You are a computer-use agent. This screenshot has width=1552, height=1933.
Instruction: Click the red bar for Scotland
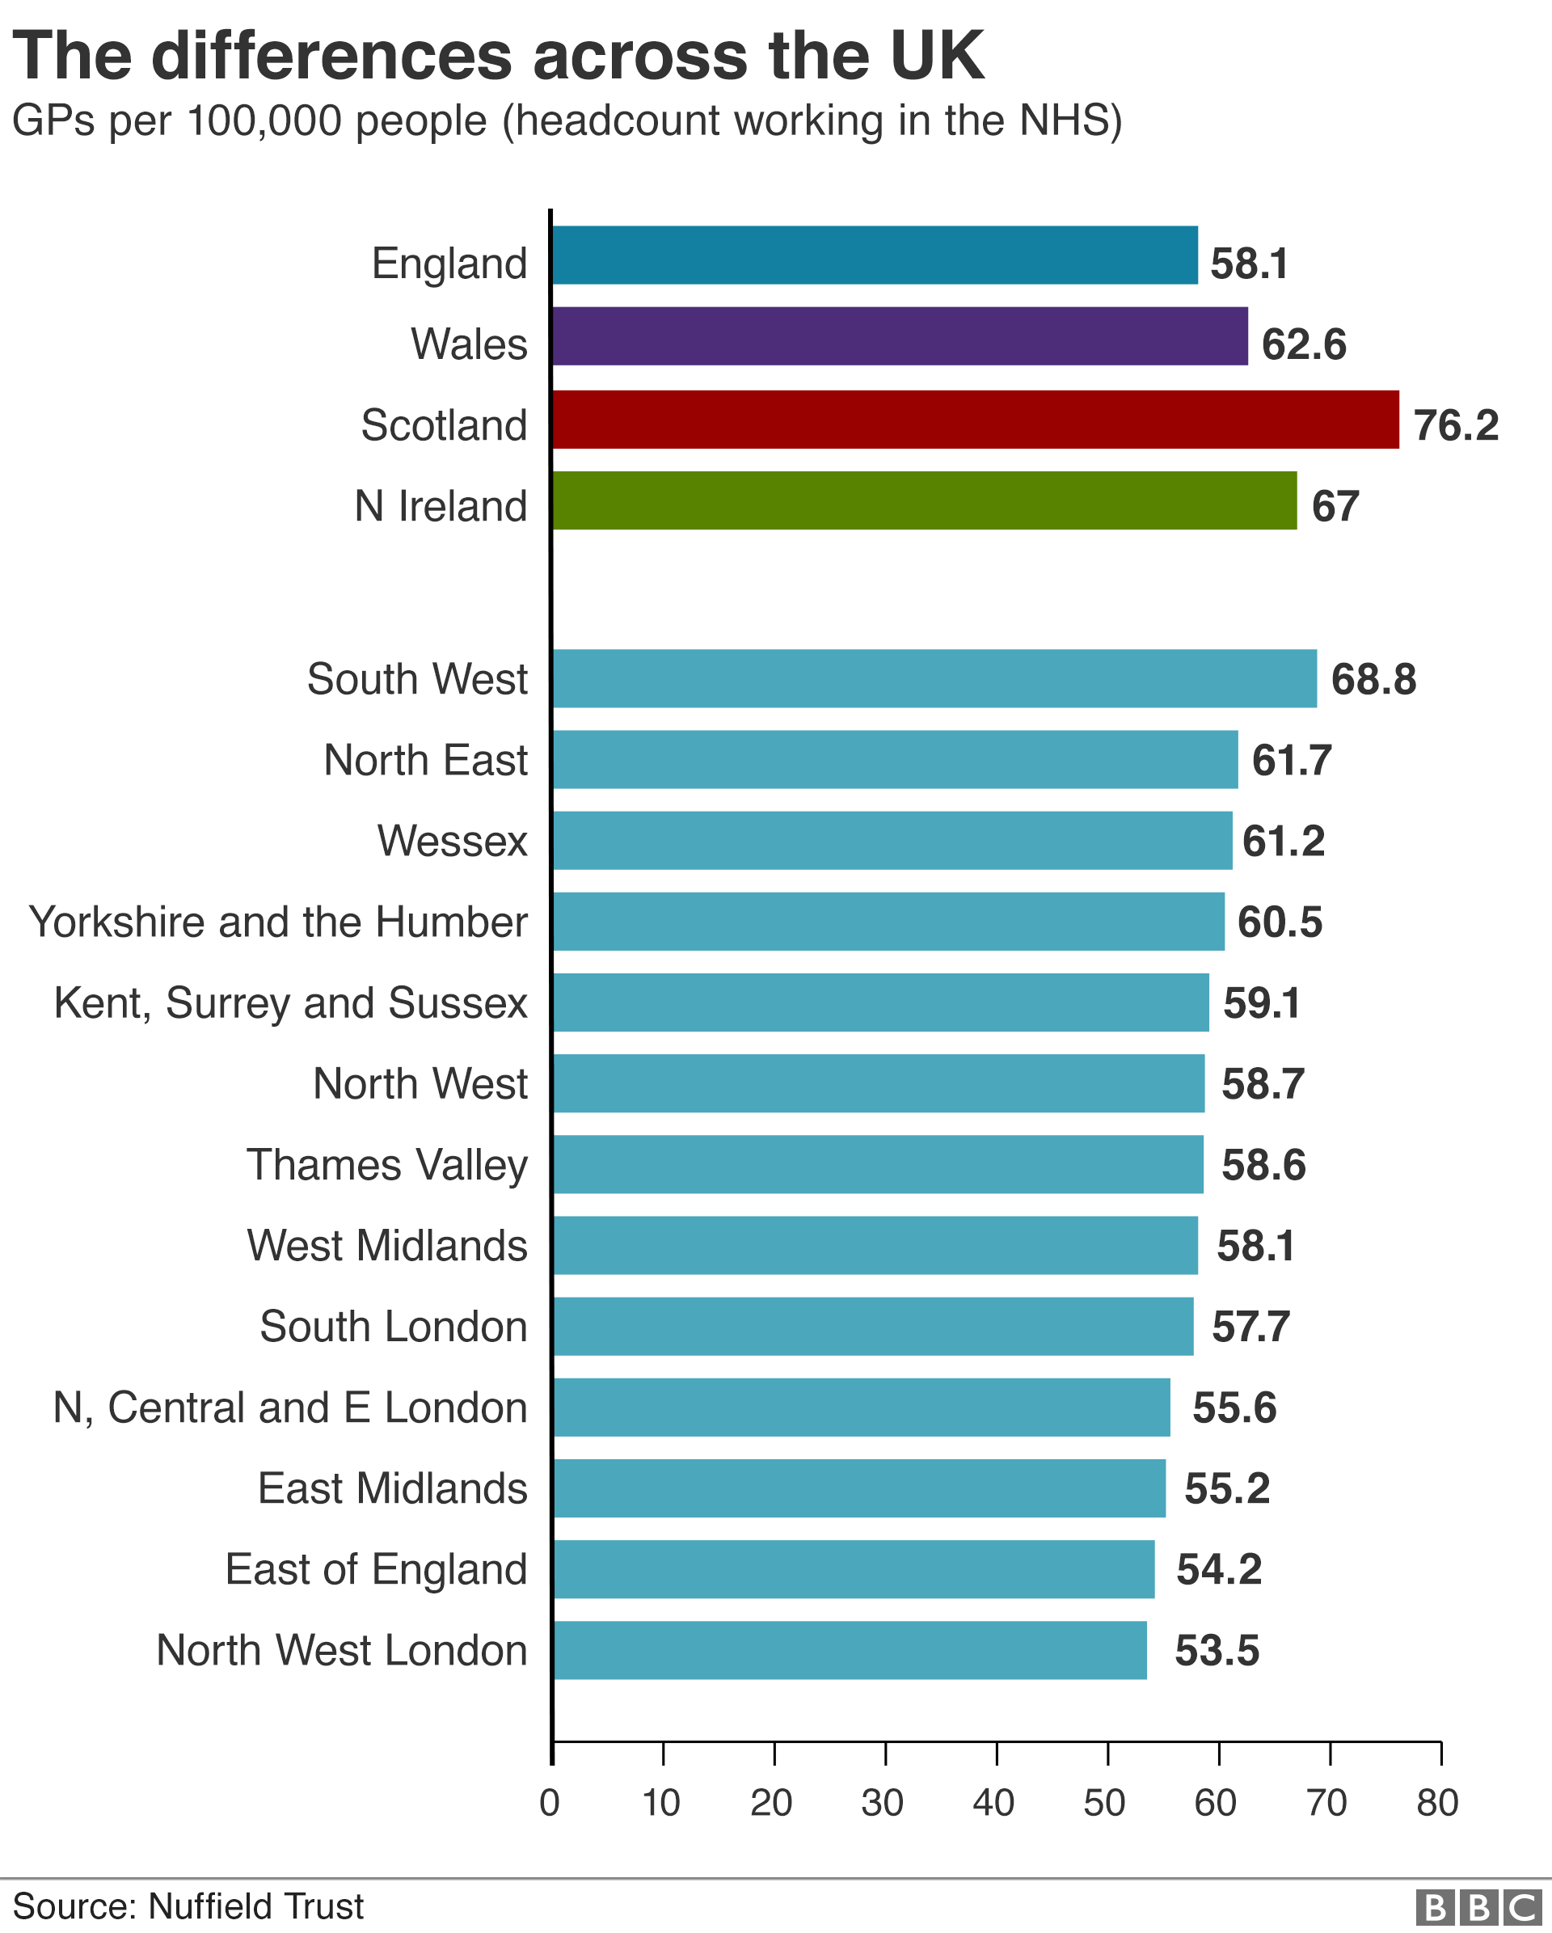click(975, 419)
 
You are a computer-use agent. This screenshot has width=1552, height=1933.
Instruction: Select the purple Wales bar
click(900, 336)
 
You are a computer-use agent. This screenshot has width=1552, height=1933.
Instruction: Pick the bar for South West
click(934, 679)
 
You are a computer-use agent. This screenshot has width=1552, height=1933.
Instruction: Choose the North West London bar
click(849, 1650)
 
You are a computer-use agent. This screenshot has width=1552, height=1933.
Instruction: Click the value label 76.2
click(1455, 425)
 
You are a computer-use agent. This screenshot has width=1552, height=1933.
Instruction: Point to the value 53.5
click(1217, 1651)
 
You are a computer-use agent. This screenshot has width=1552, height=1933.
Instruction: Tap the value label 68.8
click(1373, 680)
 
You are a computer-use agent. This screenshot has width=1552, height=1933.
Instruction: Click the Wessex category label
click(452, 841)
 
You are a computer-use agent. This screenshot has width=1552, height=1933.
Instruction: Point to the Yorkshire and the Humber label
click(278, 922)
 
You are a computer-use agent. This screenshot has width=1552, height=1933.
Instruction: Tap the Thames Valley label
click(387, 1165)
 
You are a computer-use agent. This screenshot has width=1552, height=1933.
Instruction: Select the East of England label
click(376, 1569)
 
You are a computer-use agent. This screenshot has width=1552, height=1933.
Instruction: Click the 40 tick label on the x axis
click(993, 1802)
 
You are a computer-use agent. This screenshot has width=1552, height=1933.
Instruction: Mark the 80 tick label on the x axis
click(1437, 1802)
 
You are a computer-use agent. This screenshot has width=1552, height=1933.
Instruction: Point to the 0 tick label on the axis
click(550, 1802)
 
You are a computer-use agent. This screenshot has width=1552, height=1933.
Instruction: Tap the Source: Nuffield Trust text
click(188, 1906)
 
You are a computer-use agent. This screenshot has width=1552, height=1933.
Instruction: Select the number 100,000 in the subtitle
click(264, 121)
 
